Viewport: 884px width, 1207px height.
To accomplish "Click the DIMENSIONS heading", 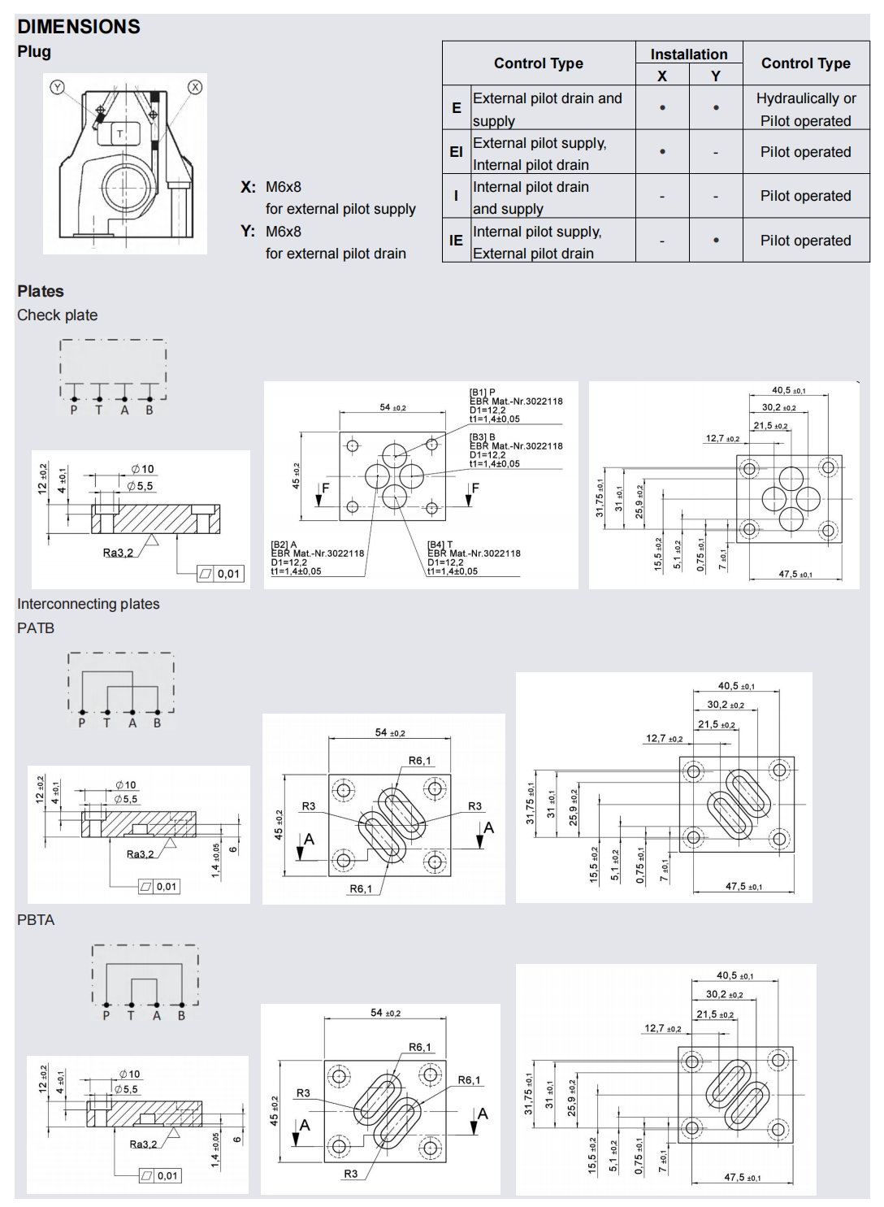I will pos(79,27).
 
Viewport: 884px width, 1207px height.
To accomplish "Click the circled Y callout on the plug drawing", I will pos(57,87).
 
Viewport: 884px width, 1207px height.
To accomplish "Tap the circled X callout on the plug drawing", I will pos(195,87).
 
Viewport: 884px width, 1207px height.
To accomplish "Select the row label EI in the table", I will pos(456,152).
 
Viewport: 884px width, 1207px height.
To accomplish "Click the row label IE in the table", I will pos(456,241).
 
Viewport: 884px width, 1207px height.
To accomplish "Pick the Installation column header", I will pos(689,54).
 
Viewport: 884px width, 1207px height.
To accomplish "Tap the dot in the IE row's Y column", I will pos(716,241).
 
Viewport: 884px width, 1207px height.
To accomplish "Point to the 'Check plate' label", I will pos(58,315).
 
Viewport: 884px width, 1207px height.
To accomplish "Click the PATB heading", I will pos(36,628).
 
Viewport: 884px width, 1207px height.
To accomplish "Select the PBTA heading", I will pos(36,920).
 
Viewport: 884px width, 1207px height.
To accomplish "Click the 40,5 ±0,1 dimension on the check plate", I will pos(788,391).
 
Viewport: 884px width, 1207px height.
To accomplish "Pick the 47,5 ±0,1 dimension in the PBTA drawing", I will pos(742,1177).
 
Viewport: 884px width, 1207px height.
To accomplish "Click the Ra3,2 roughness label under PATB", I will pos(140,854).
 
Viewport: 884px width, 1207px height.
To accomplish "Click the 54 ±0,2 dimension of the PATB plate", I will pos(390,733).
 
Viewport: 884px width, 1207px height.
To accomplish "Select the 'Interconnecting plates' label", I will pos(89,604).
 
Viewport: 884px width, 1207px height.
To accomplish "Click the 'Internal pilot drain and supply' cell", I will pos(531,198).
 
